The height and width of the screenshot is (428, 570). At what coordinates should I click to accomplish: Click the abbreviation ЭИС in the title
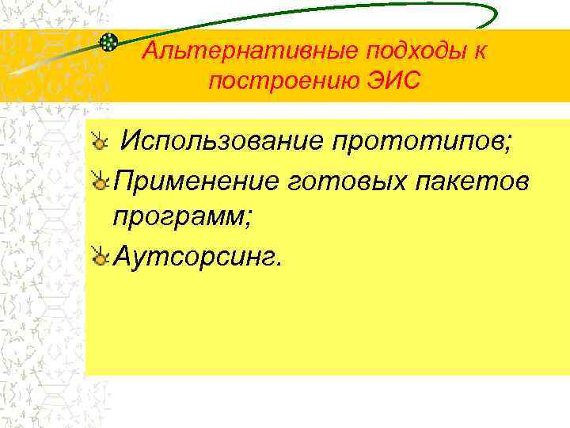(393, 82)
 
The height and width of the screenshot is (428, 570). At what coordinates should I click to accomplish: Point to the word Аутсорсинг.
(197, 254)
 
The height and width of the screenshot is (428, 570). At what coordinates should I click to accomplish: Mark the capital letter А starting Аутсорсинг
(123, 254)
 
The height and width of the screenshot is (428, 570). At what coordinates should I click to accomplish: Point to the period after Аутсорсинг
(276, 263)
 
